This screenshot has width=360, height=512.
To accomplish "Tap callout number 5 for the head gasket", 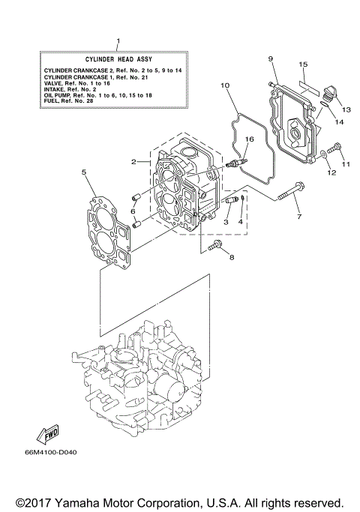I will pos(85,172).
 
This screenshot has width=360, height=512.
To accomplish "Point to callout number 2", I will pos(133,162).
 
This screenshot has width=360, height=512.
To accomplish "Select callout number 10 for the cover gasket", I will pos(224,86).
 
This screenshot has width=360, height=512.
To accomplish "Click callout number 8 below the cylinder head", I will pos(232,258).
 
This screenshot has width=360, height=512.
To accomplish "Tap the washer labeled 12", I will pos(322,156).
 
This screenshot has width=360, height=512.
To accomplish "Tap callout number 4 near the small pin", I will pos(241,221).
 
